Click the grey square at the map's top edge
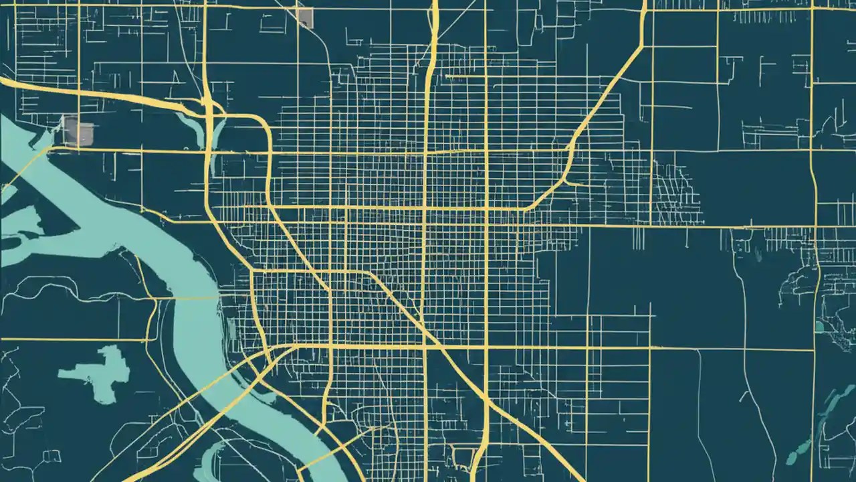tap(305, 17)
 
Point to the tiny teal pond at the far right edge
tap(819, 327)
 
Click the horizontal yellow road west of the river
tap(74, 340)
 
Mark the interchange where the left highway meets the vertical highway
tap(207, 107)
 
